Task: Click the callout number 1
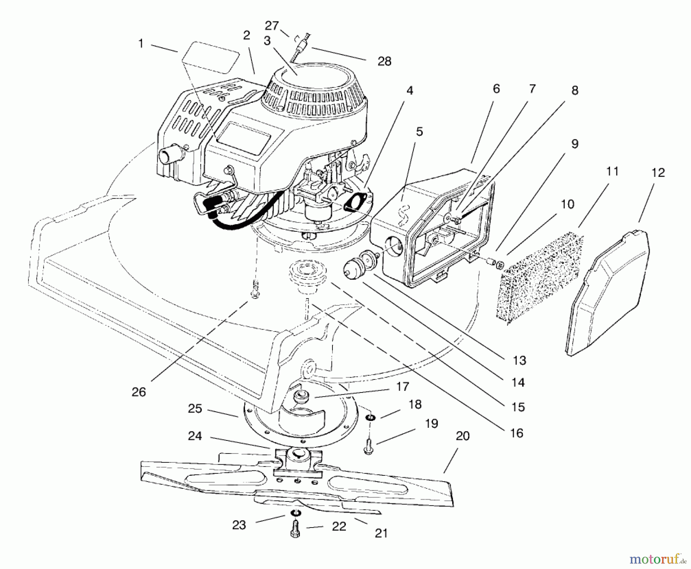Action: pyautogui.click(x=141, y=44)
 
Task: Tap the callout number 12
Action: pyautogui.click(x=658, y=173)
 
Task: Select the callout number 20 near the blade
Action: pyautogui.click(x=463, y=436)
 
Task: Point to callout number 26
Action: pyautogui.click(x=139, y=392)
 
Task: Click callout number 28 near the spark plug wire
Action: pyautogui.click(x=384, y=61)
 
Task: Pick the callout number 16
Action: pyautogui.click(x=517, y=433)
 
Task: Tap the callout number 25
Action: pyautogui.click(x=195, y=408)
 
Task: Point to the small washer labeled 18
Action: pyautogui.click(x=371, y=417)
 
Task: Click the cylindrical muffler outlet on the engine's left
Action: pyautogui.click(x=167, y=156)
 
